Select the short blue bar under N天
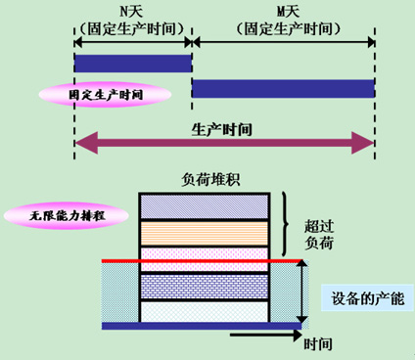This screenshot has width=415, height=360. (x=132, y=65)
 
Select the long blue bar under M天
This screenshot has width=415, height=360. (x=283, y=88)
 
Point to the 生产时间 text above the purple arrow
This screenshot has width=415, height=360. (x=223, y=129)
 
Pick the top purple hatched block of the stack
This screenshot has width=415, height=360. (x=205, y=205)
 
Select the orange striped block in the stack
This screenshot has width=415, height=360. (x=205, y=233)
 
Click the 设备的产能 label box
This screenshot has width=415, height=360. (x=368, y=297)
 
